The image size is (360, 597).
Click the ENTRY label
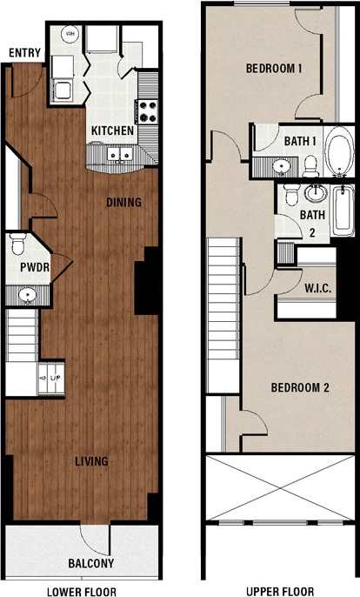pos(25,53)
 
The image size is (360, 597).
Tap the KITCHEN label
pos(113,131)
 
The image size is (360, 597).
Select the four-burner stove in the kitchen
pos(147,111)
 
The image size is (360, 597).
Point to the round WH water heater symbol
pos(70,35)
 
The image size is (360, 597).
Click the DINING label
pos(123,203)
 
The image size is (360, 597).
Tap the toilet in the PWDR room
pos(17,243)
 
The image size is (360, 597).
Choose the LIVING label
pos(90,460)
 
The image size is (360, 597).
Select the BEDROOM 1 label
pos(274,69)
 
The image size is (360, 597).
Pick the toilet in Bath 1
pos(310,163)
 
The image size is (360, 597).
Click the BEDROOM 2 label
pos(299,388)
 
